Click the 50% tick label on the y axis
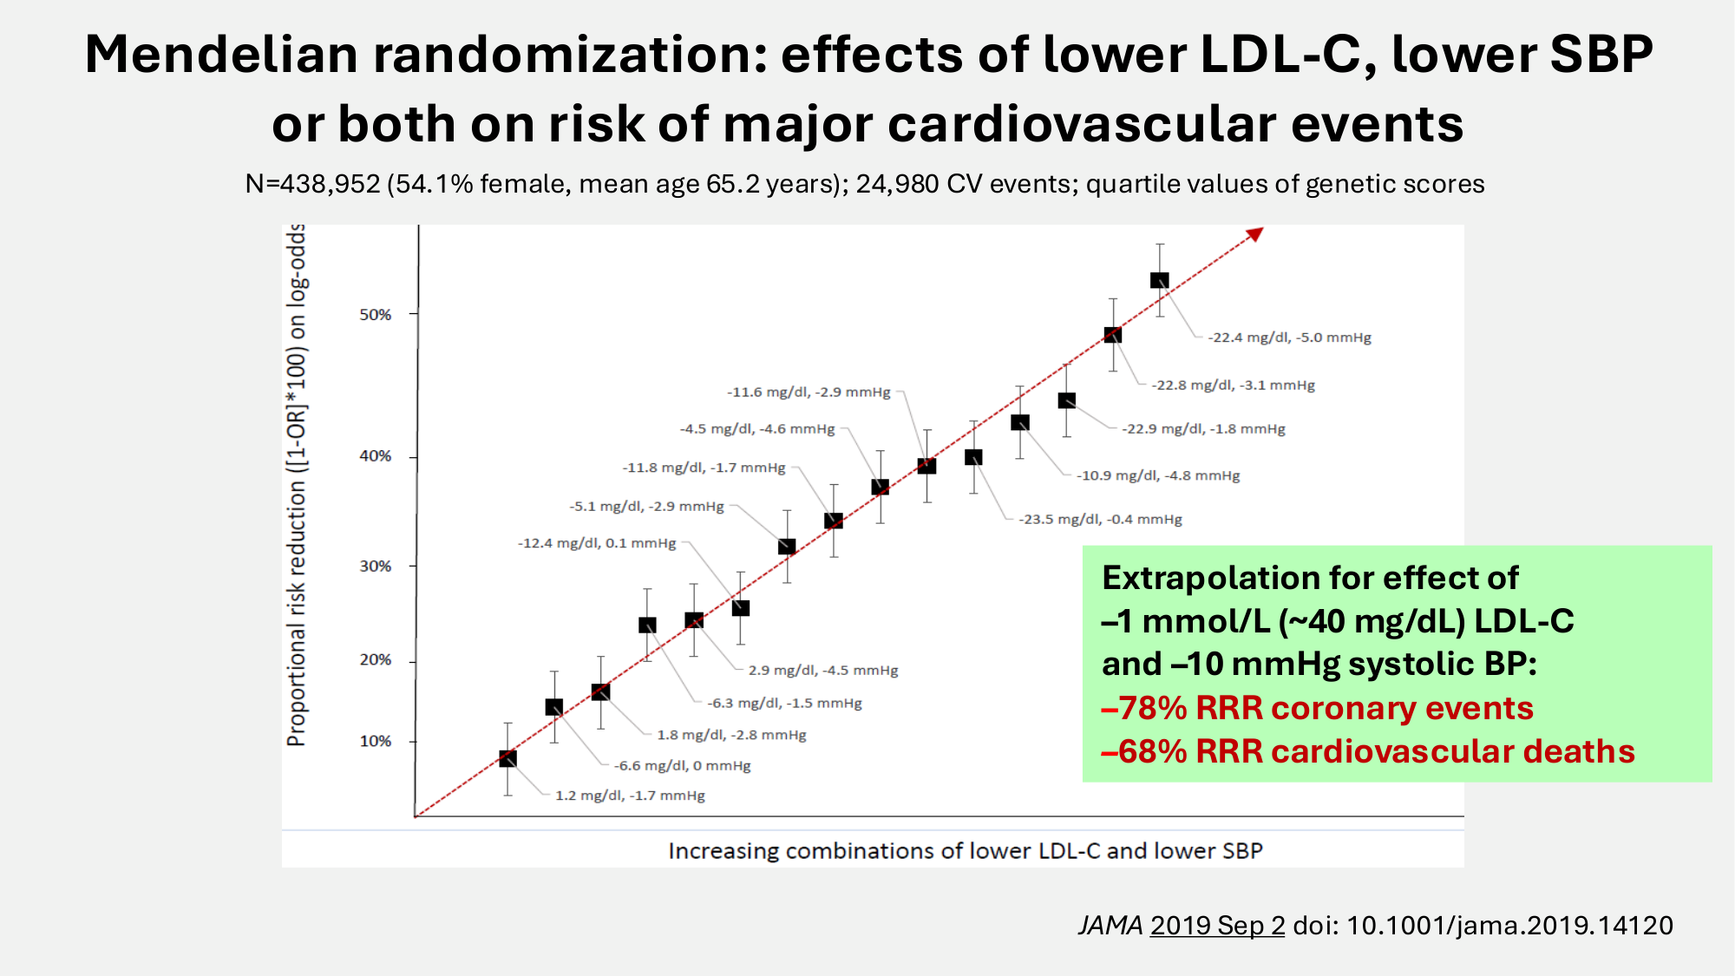pos(376,315)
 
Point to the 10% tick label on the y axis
pos(376,742)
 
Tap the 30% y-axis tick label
pos(376,567)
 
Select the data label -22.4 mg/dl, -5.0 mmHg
pos(1289,337)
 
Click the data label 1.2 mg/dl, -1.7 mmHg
pos(630,796)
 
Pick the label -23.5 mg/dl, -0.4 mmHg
pos(1100,520)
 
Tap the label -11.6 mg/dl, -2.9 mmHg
pos(809,392)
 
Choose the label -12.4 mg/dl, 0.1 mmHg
pos(597,544)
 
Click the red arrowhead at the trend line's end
pos(1255,234)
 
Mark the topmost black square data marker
pos(1160,280)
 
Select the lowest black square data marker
pos(508,759)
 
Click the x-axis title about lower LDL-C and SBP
pos(965,851)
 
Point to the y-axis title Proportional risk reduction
pos(297,486)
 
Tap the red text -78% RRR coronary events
pos(1317,708)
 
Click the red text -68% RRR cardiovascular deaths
pos(1367,751)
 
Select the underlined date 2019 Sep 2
pos(1217,926)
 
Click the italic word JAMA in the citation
pos(1110,926)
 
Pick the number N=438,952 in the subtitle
pos(313,184)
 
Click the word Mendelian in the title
pos(221,54)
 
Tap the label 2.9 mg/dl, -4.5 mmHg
pos(823,671)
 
